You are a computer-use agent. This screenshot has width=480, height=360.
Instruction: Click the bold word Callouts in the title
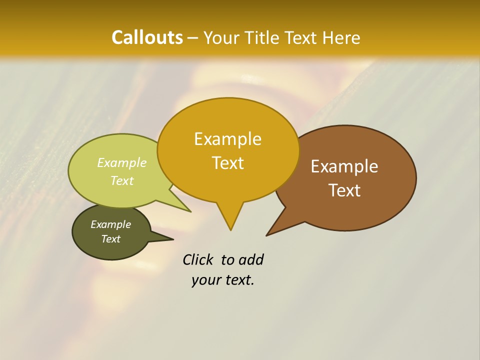(x=147, y=37)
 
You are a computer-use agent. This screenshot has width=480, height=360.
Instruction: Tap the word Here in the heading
(x=341, y=37)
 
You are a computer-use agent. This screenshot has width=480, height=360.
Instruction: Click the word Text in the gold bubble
(x=227, y=162)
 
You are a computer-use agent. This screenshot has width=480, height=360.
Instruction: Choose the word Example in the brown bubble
(x=344, y=166)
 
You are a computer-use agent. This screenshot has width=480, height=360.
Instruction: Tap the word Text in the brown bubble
(x=344, y=190)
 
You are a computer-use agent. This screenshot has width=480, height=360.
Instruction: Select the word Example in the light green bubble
(x=122, y=162)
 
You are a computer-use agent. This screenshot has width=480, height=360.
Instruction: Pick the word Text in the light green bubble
(x=122, y=180)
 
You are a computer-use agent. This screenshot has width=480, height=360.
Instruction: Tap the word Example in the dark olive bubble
(x=110, y=224)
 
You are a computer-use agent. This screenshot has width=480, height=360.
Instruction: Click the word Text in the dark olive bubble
(x=110, y=239)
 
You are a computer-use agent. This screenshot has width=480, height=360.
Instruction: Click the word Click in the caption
(x=199, y=259)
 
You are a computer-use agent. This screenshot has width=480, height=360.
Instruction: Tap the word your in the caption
(x=205, y=280)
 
